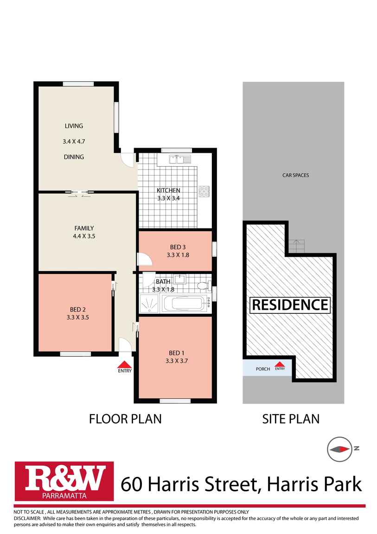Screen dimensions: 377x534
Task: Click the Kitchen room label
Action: point(168,190)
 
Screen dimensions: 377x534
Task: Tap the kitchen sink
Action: point(180,159)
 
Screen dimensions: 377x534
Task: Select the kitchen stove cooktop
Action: point(204,191)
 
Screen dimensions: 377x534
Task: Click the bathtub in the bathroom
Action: point(184,303)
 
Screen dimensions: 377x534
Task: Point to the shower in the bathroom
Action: point(149,303)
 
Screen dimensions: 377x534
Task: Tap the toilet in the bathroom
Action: point(204,286)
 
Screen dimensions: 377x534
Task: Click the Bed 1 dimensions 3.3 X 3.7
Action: point(177,361)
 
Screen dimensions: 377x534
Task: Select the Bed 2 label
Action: point(77,310)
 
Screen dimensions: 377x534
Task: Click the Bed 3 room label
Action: point(178,247)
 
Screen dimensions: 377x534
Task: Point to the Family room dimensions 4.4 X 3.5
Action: point(84,236)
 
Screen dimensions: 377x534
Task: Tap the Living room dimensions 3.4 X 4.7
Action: point(74,141)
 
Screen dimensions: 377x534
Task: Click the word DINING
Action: point(74,157)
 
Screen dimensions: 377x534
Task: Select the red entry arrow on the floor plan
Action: point(125,364)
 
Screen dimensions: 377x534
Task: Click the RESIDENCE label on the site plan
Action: point(290,305)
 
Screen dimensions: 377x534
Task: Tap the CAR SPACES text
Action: point(296,175)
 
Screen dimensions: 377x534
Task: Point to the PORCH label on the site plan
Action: point(263,369)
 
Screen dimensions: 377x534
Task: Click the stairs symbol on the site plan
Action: point(296,246)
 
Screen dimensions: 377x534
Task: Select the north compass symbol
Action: point(339,449)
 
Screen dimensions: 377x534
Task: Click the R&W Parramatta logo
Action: point(64,481)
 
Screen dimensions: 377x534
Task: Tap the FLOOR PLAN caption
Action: point(125,419)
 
